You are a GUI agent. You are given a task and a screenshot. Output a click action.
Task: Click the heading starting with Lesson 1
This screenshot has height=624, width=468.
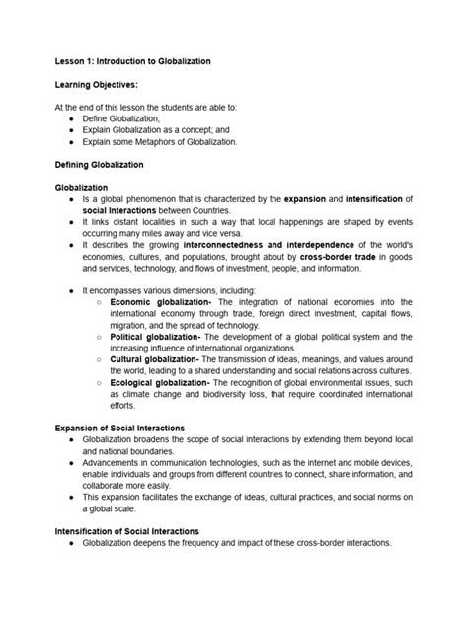pyautogui.click(x=132, y=61)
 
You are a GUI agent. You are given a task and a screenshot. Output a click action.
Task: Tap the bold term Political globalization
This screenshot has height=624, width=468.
pyautogui.click(x=156, y=337)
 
